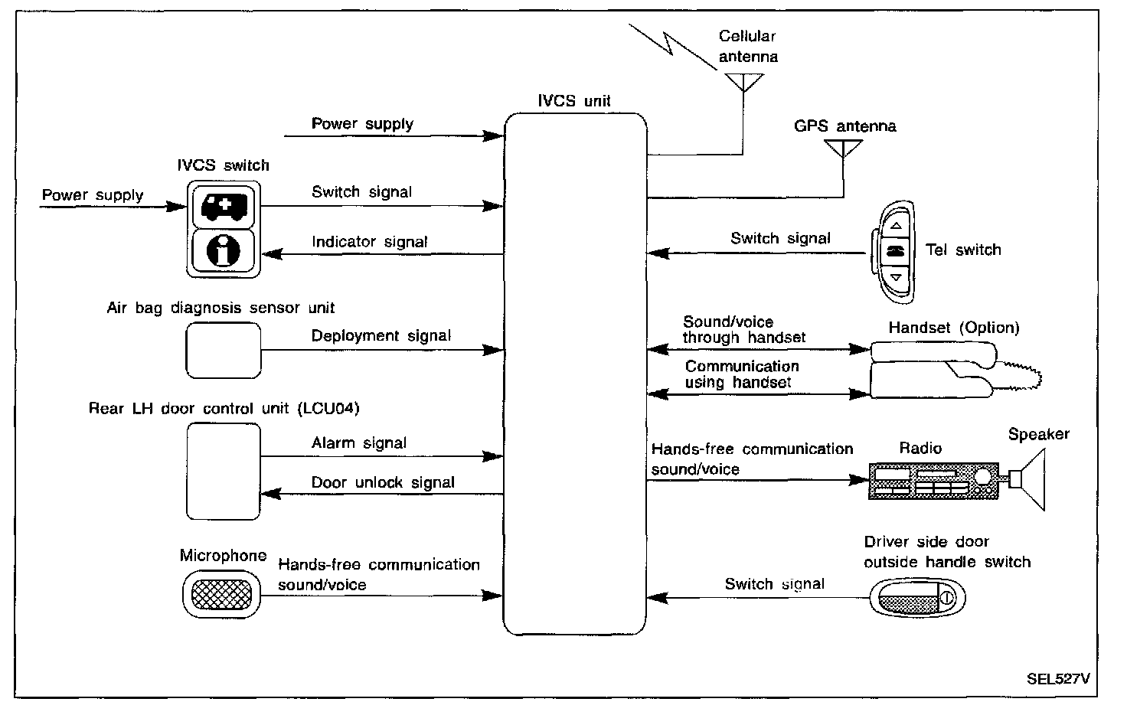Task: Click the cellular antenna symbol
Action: click(743, 81)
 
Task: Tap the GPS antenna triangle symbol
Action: click(843, 148)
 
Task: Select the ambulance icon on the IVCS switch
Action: click(223, 205)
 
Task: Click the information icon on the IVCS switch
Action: click(223, 250)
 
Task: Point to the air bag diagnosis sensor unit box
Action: click(224, 350)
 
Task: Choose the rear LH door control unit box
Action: click(224, 471)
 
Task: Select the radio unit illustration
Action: click(933, 481)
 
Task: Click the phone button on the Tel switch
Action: click(897, 250)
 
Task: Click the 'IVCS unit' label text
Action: click(574, 101)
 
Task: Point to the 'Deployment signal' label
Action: click(381, 336)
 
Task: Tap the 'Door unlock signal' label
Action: click(382, 483)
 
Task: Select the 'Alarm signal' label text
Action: click(358, 443)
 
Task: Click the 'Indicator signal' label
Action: click(369, 242)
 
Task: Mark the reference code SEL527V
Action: click(1058, 678)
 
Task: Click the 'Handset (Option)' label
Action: click(953, 328)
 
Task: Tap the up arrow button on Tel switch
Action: click(897, 226)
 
